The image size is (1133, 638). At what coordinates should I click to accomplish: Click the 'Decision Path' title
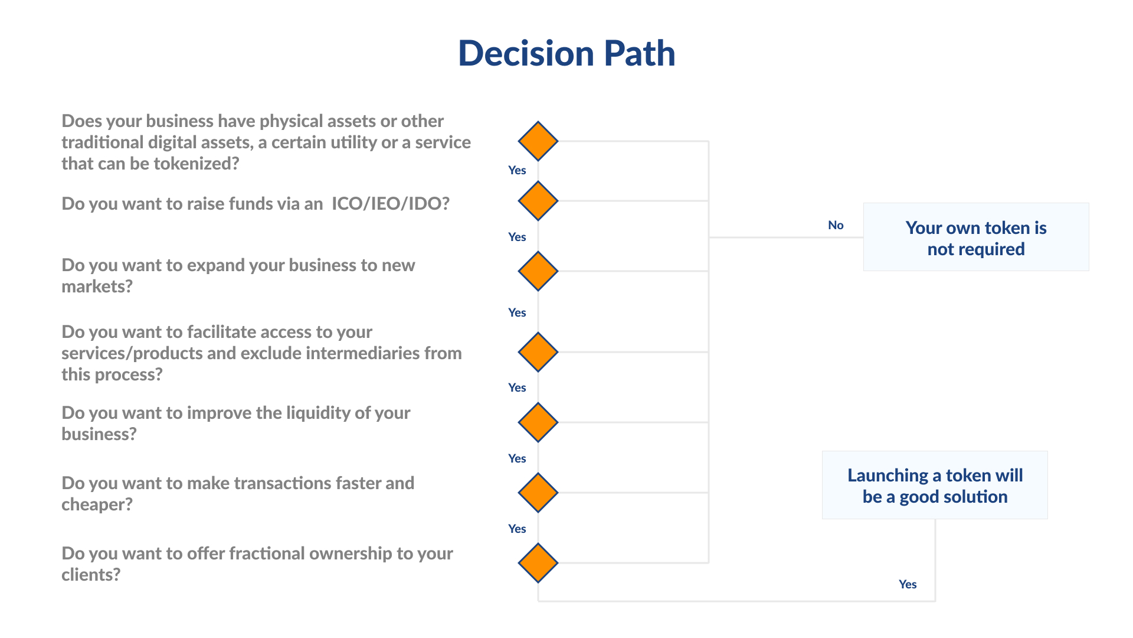[566, 53]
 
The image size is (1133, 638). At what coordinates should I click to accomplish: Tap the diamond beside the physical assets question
[538, 141]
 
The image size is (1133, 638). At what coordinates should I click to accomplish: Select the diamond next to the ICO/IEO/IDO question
[538, 201]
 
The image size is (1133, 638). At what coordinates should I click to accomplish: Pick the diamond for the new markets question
[538, 271]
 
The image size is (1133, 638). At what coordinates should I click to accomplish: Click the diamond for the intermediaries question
[538, 352]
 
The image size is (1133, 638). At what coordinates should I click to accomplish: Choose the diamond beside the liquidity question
[538, 422]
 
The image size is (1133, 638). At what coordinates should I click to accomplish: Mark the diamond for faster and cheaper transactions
[538, 493]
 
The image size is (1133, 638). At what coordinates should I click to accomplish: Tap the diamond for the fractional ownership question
[538, 563]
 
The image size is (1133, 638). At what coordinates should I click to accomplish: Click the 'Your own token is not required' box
[976, 237]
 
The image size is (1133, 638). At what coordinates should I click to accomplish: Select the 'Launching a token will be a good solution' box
[935, 485]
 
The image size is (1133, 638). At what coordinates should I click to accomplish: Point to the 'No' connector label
[836, 225]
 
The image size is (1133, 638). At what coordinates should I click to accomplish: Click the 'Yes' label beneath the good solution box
[908, 584]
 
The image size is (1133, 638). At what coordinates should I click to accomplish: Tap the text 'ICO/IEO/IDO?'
[391, 204]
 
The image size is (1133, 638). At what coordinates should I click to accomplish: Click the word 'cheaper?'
[97, 504]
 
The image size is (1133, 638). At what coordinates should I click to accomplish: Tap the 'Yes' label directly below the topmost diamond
[517, 170]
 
